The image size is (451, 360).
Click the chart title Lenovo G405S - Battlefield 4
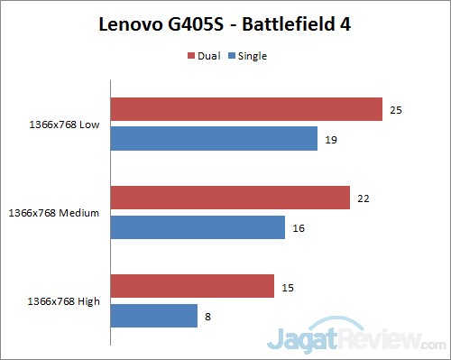(x=225, y=24)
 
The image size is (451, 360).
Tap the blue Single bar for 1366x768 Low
(x=214, y=139)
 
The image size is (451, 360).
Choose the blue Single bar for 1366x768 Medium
(x=198, y=227)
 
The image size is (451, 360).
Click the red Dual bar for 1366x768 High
(x=192, y=286)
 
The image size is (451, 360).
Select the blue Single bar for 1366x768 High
(x=154, y=315)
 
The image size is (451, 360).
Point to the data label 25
(x=395, y=110)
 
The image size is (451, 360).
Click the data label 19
(x=330, y=139)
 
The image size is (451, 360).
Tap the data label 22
(x=363, y=198)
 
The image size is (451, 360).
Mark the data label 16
(x=298, y=227)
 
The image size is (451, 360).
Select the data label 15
(x=287, y=286)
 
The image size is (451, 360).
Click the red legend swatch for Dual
(x=191, y=56)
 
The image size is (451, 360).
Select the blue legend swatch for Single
(x=233, y=56)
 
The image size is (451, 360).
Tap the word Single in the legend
(x=253, y=56)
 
